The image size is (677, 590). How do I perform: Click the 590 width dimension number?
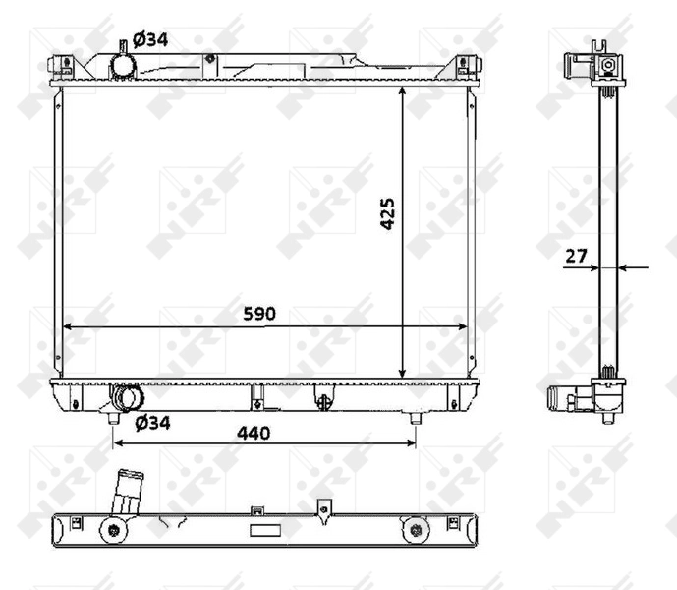coord(260,313)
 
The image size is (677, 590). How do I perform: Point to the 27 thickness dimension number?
coord(576,256)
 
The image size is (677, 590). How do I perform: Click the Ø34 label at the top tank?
coord(150,39)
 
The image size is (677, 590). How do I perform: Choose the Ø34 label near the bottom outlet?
coord(152,423)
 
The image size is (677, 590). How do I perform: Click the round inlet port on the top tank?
coord(123,65)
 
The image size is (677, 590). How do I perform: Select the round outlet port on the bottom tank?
coord(128,398)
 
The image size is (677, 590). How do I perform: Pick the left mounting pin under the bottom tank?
coord(115,418)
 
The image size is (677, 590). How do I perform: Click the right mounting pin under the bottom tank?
coord(415,418)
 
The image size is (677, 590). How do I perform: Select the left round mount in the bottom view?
coord(114,531)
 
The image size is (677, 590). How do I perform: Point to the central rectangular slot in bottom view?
coord(264,531)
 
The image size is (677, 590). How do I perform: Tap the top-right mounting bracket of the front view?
coord(465,65)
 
